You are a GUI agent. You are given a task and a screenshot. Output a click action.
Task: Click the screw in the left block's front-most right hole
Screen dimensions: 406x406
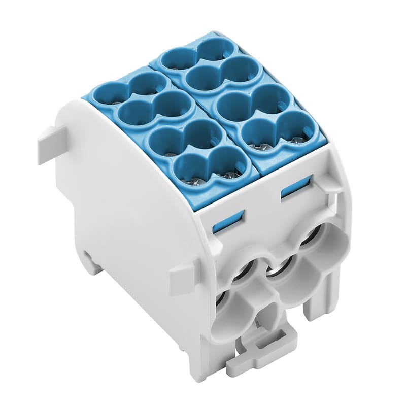[x=229, y=176]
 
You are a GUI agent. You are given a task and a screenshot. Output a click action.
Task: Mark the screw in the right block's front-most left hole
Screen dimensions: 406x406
[x=263, y=147]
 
